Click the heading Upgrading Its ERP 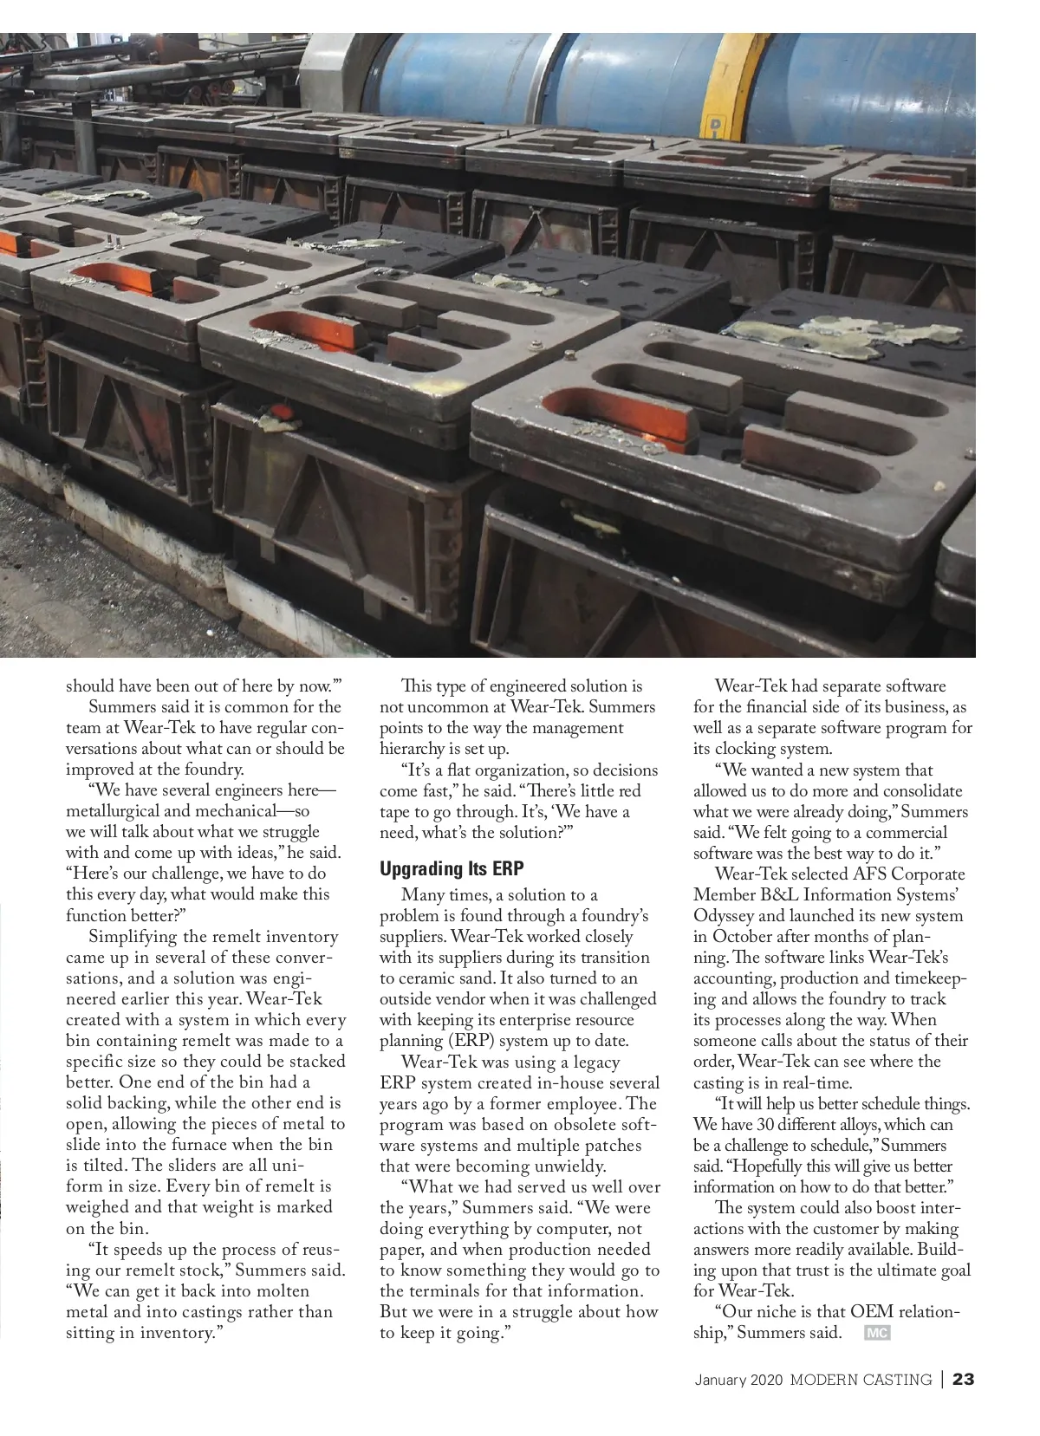coord(452,868)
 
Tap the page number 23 coord(964,1379)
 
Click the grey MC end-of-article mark coord(877,1334)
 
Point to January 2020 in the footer coord(738,1379)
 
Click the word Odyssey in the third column coord(725,916)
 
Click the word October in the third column coord(742,937)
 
